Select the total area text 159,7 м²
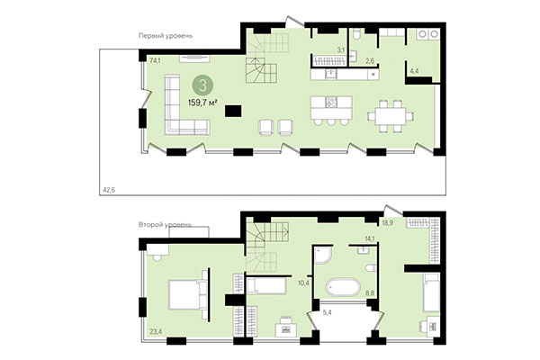pyautogui.click(x=203, y=103)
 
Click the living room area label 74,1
pyautogui.click(x=155, y=61)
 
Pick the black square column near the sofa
pyautogui.click(x=233, y=111)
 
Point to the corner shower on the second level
pyautogui.click(x=323, y=258)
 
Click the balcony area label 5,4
pyautogui.click(x=327, y=313)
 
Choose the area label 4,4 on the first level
pyautogui.click(x=414, y=69)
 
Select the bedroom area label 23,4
pyautogui.click(x=156, y=332)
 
